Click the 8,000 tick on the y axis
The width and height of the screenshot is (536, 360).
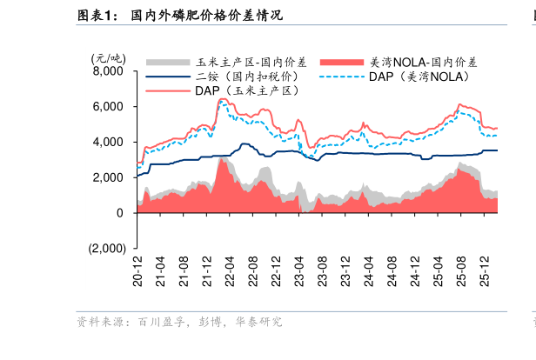pyautogui.click(x=109, y=71)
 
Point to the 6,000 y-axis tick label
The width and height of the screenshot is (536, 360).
pyautogui.click(x=109, y=107)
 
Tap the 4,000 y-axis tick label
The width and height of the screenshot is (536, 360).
pyautogui.click(x=109, y=143)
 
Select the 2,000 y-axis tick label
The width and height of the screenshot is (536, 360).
pyautogui.click(x=109, y=177)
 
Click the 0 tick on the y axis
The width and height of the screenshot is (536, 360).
pyautogui.click(x=119, y=213)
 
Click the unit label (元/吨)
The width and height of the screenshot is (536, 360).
pyautogui.click(x=108, y=57)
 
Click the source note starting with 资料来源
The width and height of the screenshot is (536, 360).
pyautogui.click(x=179, y=323)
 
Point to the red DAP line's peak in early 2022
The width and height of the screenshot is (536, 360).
pyautogui.click(x=222, y=99)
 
